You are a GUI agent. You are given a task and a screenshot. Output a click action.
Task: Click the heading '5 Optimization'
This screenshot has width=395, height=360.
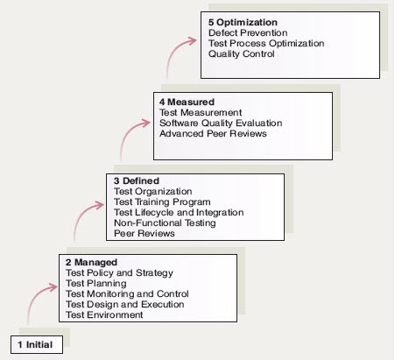[x=243, y=23]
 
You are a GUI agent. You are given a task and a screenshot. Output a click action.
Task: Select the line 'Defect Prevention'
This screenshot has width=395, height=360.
[x=248, y=32]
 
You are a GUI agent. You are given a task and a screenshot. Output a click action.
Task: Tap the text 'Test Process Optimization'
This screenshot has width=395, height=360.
[x=266, y=44]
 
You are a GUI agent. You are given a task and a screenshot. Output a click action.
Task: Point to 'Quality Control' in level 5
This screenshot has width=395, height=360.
[x=242, y=54]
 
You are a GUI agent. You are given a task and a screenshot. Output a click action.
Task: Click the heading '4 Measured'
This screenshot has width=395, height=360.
[x=187, y=102]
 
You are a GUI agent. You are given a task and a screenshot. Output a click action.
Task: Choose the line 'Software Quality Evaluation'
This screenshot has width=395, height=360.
[x=221, y=124]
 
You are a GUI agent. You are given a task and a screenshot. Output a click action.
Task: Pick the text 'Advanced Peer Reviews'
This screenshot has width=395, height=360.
[x=213, y=134]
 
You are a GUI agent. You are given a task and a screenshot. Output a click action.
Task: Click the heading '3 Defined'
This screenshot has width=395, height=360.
[x=137, y=181]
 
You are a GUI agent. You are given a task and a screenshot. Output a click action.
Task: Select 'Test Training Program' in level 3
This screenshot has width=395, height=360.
[x=162, y=202]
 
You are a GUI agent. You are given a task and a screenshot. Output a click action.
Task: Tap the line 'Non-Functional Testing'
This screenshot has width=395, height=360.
[x=165, y=223]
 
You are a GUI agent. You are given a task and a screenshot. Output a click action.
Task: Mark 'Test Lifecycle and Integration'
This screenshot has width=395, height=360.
[x=179, y=213]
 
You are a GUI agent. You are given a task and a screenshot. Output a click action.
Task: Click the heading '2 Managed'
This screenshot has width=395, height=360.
[x=91, y=263]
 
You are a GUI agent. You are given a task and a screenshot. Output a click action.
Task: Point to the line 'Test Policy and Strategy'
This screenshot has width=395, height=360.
[x=119, y=273]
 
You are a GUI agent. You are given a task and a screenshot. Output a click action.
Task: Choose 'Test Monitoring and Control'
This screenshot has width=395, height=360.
[x=127, y=293]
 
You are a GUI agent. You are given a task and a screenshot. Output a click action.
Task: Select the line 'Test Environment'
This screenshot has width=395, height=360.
[x=104, y=314]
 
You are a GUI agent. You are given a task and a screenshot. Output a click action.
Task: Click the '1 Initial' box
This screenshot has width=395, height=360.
[x=37, y=344]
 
